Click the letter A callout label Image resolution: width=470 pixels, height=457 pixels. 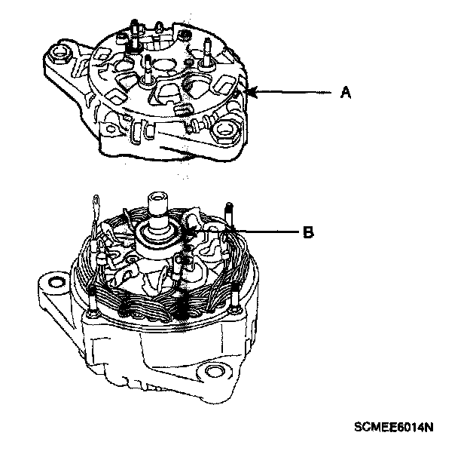(x=346, y=93)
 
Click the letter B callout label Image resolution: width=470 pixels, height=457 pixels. (x=307, y=233)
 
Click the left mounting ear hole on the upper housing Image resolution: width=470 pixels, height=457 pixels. (x=59, y=54)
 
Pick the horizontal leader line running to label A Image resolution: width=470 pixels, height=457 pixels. (x=294, y=93)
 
